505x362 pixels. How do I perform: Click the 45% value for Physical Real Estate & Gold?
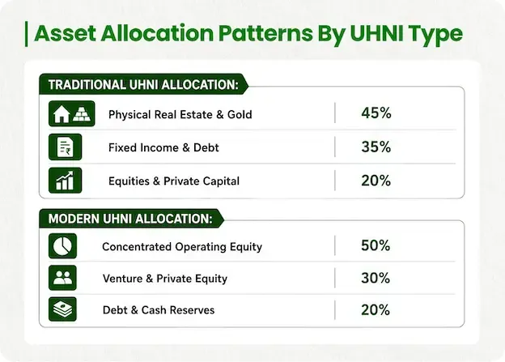coord(376,113)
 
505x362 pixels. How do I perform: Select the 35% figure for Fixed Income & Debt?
coord(376,147)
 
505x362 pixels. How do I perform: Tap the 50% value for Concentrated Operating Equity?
coord(376,245)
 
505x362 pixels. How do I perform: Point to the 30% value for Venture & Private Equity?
coord(376,278)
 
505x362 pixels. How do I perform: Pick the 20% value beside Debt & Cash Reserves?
coord(376,310)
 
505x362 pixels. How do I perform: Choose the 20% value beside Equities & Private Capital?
coord(376,181)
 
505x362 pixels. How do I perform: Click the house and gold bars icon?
coord(72,113)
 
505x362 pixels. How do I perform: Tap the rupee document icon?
coord(66,147)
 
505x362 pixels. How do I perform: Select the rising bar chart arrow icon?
coord(66,181)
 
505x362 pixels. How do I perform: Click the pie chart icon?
coord(63,246)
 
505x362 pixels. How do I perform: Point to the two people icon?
coord(63,278)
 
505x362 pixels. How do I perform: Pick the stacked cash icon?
coord(63,309)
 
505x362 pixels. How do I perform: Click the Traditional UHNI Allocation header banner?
coord(143,84)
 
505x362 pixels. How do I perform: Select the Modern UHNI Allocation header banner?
coord(131,219)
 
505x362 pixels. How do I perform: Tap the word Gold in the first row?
coord(240,114)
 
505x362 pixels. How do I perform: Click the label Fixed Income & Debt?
coord(163,147)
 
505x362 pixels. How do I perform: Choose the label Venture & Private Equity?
coord(165,279)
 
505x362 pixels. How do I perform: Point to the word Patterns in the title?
coord(265,33)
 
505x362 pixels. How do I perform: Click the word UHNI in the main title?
coord(376,33)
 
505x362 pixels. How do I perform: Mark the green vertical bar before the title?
coord(26,34)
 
